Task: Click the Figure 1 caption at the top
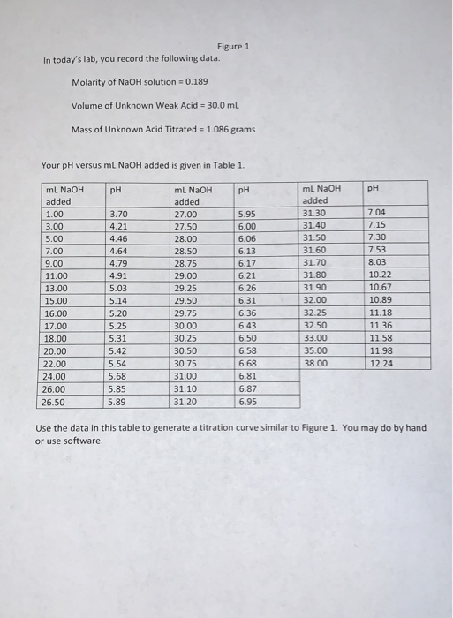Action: tap(233, 45)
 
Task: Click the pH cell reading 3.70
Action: tap(118, 213)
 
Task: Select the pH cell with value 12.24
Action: tap(379, 362)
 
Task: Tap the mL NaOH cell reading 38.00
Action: tap(315, 362)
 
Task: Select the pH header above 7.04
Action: tap(373, 188)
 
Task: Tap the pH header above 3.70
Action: tap(116, 188)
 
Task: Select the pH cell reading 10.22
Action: tap(379, 275)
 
